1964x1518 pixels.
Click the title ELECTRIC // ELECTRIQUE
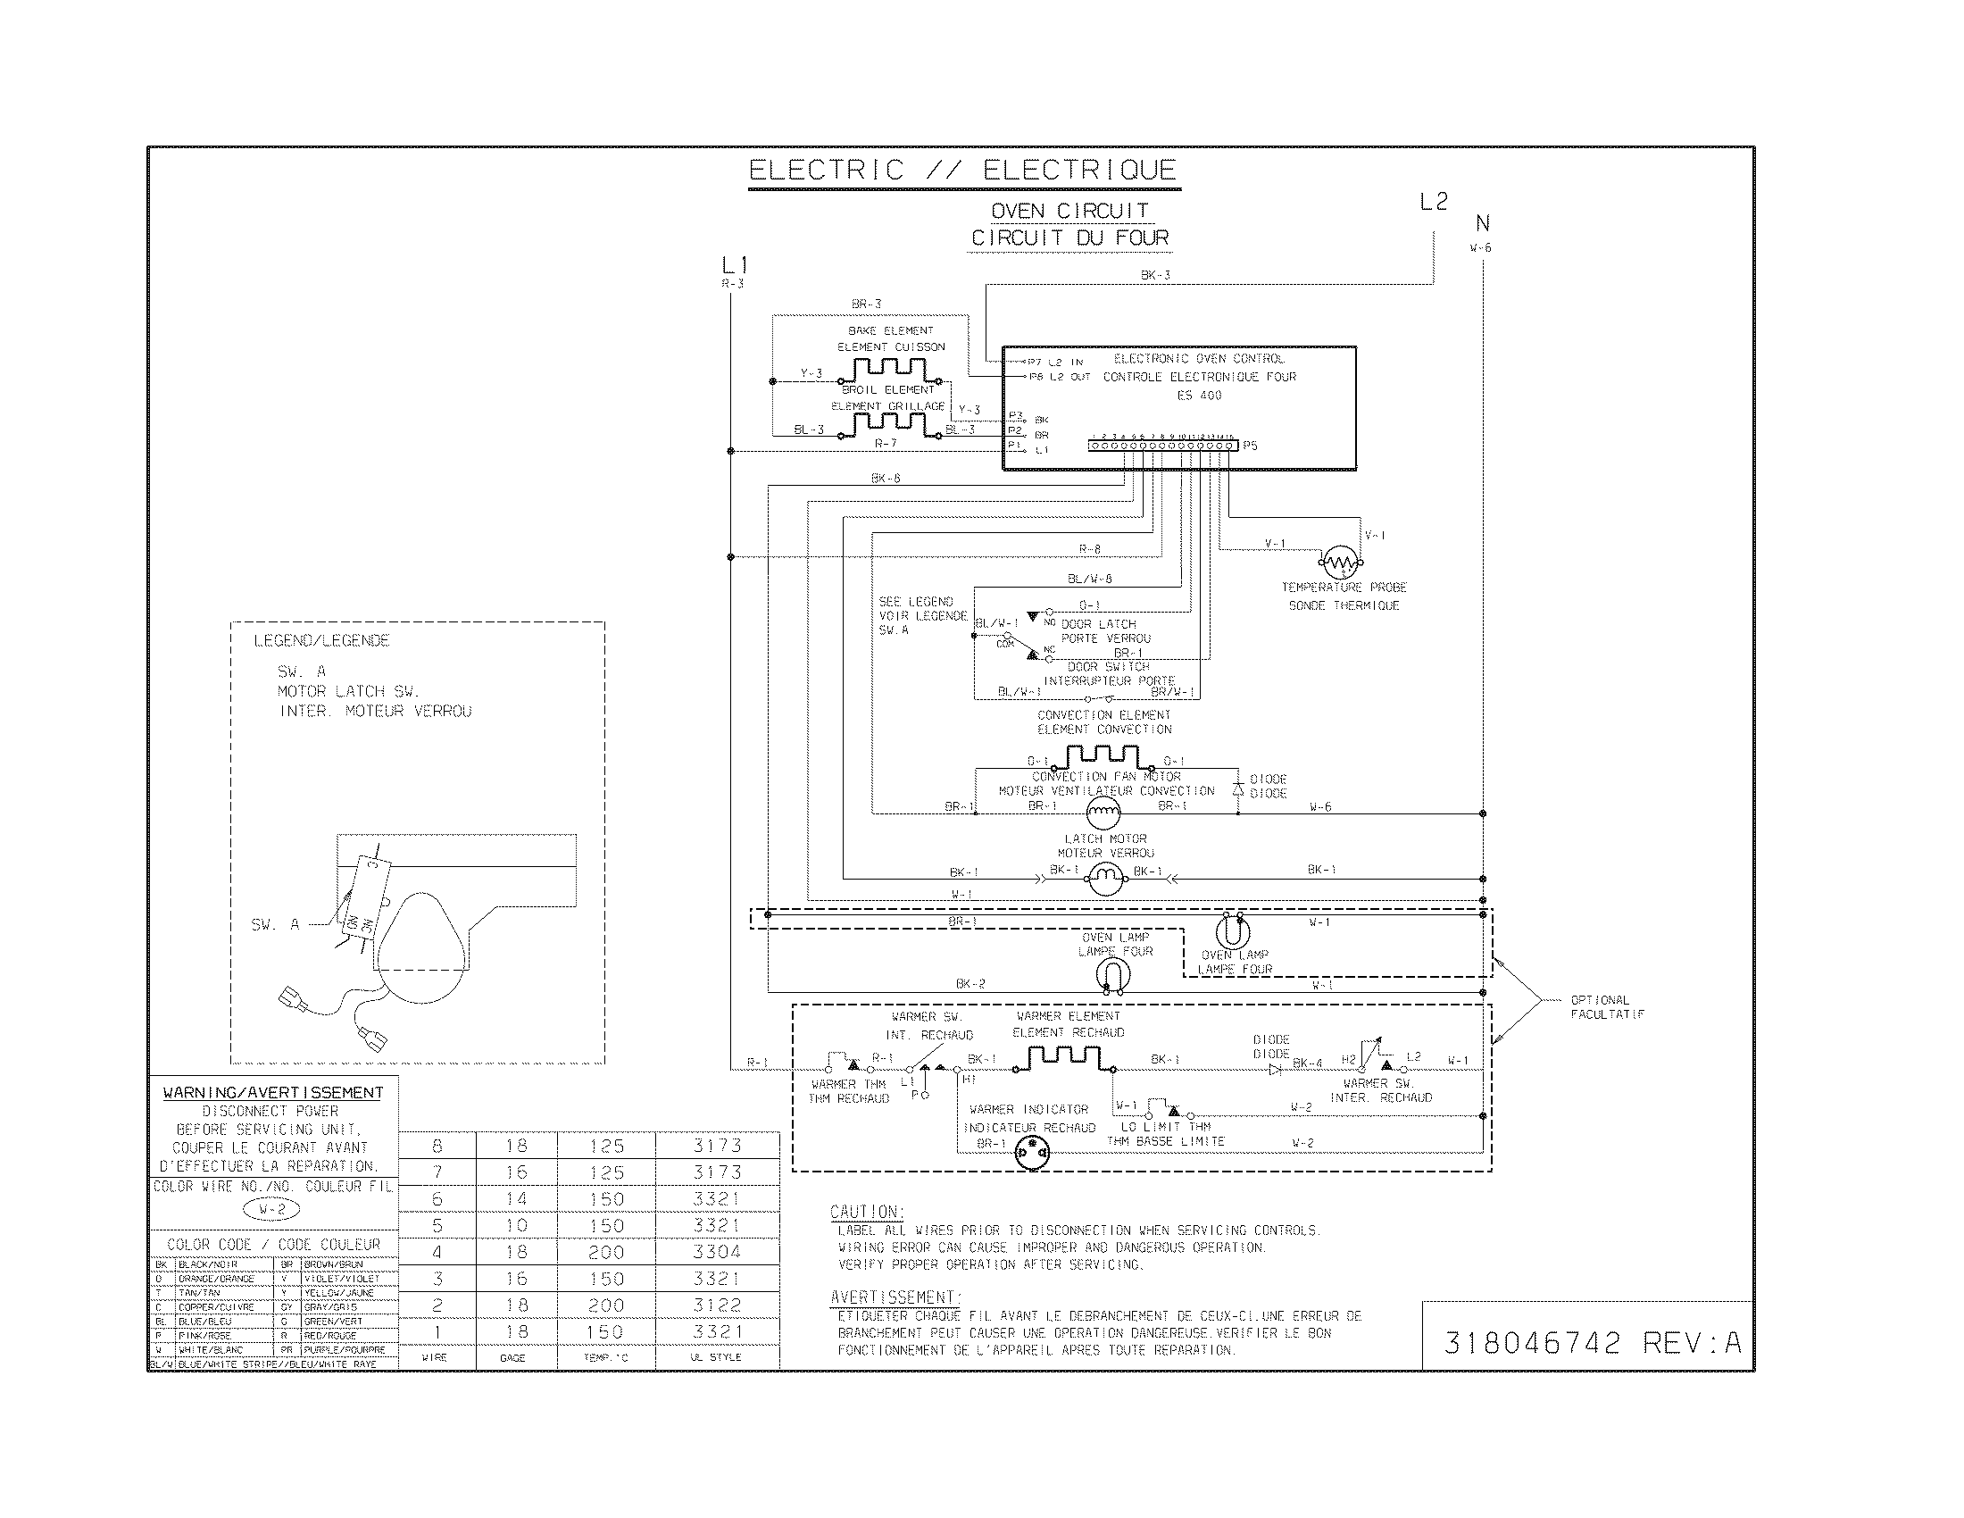coord(963,170)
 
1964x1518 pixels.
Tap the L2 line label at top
coord(1434,203)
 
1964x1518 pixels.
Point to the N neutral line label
coord(1482,223)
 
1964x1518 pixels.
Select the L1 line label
coord(734,265)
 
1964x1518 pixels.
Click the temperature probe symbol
coord(1341,563)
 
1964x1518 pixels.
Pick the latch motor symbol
coord(1104,877)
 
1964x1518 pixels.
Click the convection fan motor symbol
coord(1103,813)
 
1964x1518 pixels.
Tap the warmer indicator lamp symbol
coord(1031,1153)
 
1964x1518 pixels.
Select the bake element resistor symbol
coord(889,369)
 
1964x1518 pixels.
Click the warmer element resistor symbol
coord(1062,1058)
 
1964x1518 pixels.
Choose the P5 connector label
coord(1250,446)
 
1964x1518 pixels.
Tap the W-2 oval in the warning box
coord(271,1210)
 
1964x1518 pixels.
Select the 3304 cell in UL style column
coord(717,1252)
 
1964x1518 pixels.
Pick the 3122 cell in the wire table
coord(717,1305)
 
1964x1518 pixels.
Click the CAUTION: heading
coord(867,1212)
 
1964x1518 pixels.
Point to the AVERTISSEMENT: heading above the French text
coord(895,1297)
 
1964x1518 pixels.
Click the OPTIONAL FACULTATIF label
coord(1607,1007)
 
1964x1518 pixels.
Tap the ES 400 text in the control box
coord(1199,396)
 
